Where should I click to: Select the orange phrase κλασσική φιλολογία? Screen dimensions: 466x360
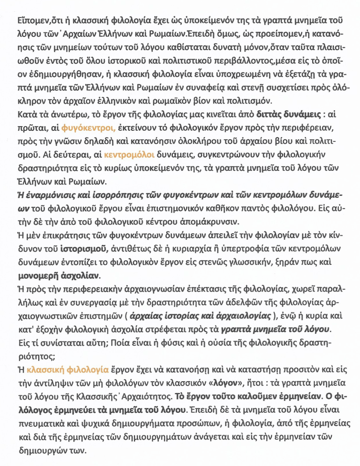point(67,369)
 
